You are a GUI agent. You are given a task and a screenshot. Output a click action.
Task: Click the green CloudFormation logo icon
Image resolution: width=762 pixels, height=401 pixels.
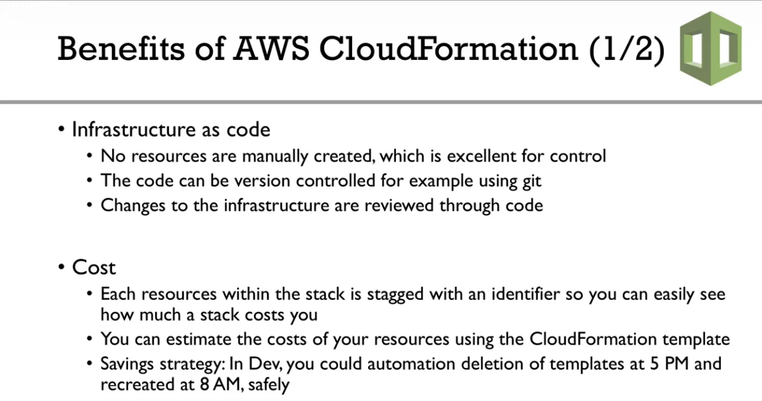711,48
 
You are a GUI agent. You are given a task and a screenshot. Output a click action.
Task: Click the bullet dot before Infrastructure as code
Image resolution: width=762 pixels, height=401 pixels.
61,129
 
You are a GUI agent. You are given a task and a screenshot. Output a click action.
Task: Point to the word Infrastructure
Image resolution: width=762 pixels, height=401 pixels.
128,129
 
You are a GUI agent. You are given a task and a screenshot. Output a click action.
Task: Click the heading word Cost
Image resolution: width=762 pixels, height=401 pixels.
94,267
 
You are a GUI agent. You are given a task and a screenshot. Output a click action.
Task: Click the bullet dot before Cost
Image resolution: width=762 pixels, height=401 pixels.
61,267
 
